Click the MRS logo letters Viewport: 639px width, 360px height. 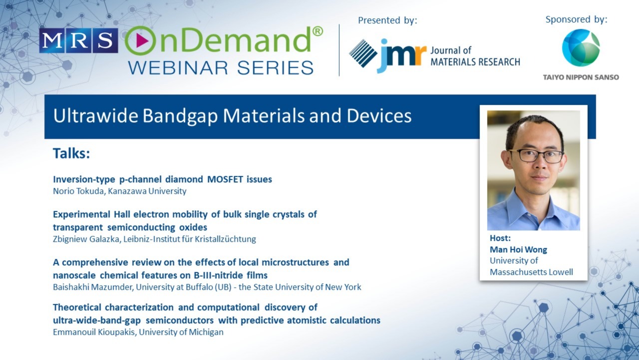click(x=78, y=40)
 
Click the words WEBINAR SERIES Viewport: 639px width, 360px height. click(x=221, y=67)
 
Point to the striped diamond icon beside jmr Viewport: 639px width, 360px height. click(x=363, y=53)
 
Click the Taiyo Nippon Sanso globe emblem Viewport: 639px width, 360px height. click(x=581, y=48)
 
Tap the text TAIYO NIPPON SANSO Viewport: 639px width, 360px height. click(x=581, y=77)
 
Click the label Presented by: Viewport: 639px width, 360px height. click(x=387, y=20)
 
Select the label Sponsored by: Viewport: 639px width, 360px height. click(x=577, y=19)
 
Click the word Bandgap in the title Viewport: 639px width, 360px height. click(x=180, y=116)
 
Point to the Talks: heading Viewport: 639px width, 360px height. click(x=71, y=153)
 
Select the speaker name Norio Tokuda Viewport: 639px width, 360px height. click(x=79, y=191)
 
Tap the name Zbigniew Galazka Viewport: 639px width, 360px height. click(x=86, y=239)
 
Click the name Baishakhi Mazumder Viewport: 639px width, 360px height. click(x=93, y=287)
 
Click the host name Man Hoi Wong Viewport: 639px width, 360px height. click(x=518, y=249)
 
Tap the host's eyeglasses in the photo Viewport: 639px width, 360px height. click(x=536, y=156)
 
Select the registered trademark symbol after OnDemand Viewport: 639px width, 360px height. click(x=318, y=31)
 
